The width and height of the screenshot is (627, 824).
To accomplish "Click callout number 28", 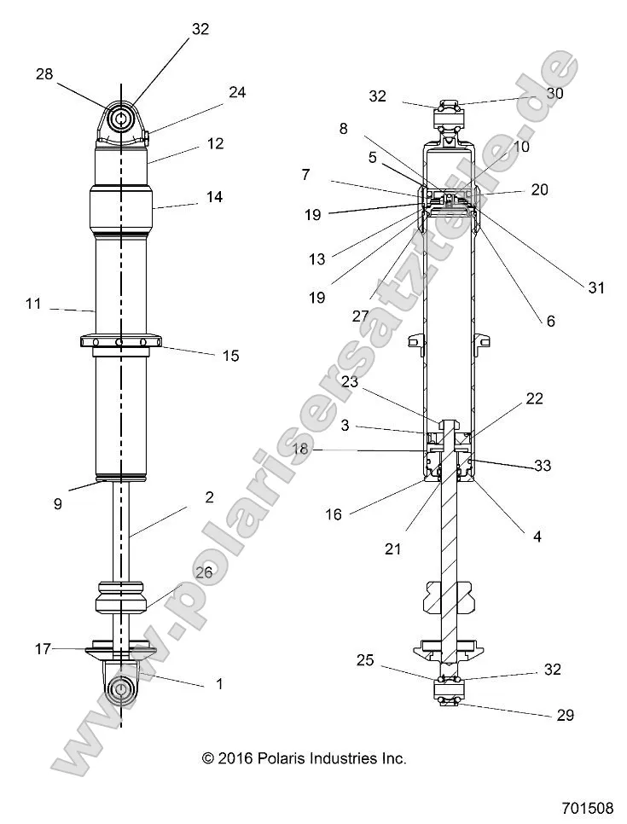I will [44, 74].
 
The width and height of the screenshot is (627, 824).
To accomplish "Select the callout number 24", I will [236, 92].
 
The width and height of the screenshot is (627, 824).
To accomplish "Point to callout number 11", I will [33, 302].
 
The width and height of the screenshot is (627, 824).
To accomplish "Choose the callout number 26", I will [204, 572].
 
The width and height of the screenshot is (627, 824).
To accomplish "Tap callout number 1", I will [218, 682].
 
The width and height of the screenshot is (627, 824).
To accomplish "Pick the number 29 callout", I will [565, 715].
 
